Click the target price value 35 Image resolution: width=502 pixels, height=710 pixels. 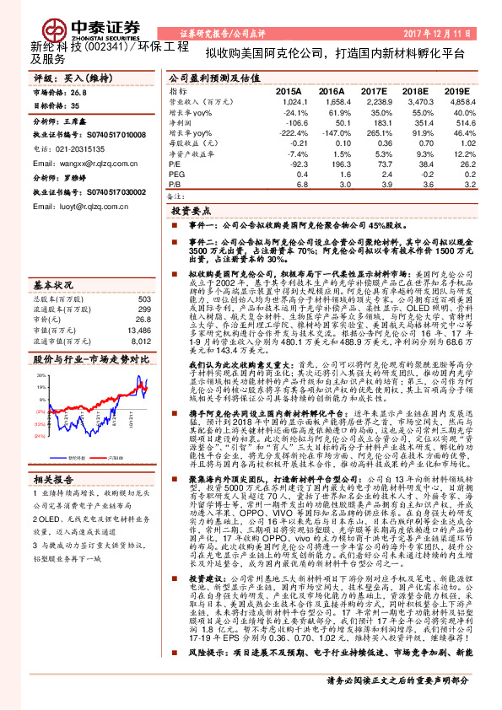(x=75, y=106)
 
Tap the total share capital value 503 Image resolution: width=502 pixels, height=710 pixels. (x=143, y=275)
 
